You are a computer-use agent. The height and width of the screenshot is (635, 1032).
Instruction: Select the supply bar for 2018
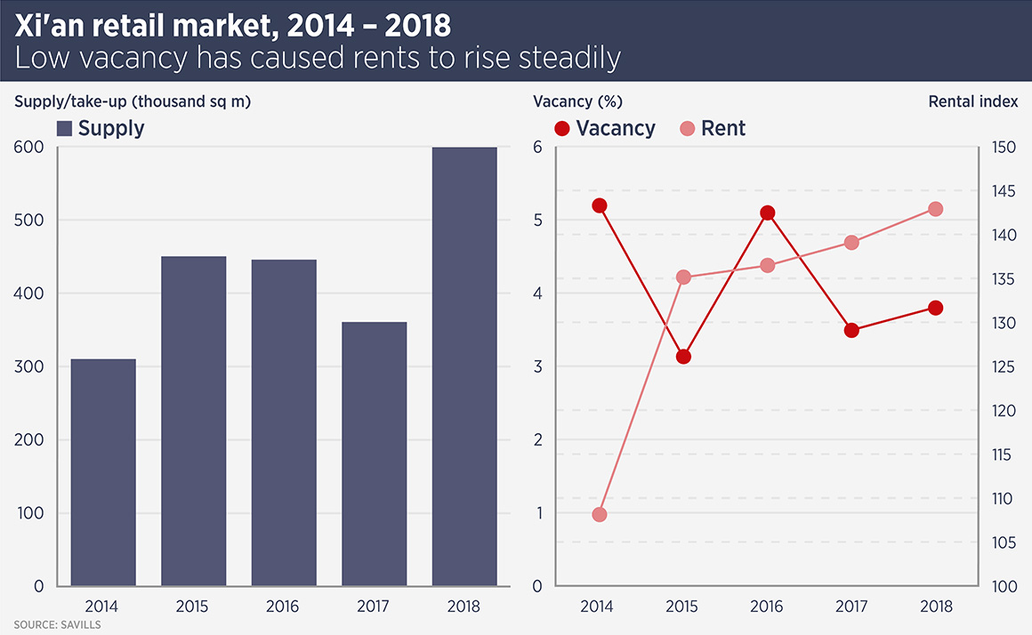(x=464, y=366)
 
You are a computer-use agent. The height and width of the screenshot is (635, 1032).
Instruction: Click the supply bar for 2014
(x=103, y=472)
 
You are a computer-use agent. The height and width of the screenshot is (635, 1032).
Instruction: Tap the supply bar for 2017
(x=374, y=454)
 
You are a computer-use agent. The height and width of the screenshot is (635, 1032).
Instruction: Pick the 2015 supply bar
(x=193, y=421)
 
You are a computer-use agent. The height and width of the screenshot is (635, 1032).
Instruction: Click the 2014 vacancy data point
(x=599, y=205)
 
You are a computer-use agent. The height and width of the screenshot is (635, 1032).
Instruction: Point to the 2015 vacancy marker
(x=683, y=357)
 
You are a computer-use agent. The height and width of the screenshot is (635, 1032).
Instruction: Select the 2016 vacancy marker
(x=767, y=213)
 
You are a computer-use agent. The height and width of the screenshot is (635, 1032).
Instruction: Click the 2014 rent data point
(x=599, y=514)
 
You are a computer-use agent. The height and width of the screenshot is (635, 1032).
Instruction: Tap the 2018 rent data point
(x=935, y=209)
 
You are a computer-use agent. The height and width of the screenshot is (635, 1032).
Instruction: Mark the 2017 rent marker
(x=851, y=242)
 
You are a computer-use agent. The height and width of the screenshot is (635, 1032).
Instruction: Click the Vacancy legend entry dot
(x=561, y=128)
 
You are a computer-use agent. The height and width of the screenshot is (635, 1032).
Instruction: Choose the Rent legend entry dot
(x=688, y=128)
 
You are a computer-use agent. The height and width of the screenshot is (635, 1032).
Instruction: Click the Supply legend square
(x=64, y=128)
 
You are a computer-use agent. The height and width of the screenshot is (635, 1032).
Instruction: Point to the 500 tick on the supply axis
(x=30, y=221)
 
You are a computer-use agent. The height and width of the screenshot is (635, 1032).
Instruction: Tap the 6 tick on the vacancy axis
(x=537, y=148)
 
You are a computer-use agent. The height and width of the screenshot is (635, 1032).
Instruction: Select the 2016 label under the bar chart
(x=283, y=607)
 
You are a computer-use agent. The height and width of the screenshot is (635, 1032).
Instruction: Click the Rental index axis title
(x=972, y=101)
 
